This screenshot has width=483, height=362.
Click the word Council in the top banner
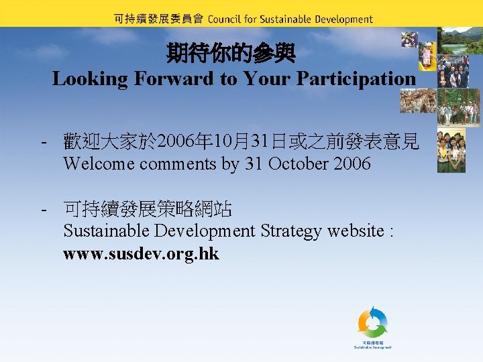coord(225,19)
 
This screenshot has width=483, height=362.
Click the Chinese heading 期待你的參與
coord(231,53)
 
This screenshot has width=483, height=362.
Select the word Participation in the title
coord(356,78)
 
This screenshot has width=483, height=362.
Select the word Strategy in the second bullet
coord(293,231)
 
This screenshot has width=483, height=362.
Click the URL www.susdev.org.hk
coord(141,255)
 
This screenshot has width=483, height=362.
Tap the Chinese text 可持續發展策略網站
coord(148,210)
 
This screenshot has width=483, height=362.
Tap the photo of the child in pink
coord(427,55)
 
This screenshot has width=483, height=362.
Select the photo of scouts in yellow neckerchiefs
coord(451,152)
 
